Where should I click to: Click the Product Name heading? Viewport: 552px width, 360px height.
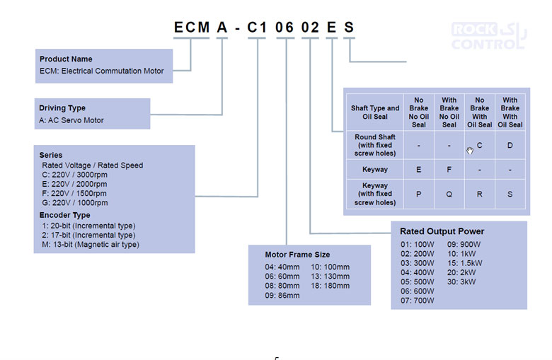(x=66, y=59)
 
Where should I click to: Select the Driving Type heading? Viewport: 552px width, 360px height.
(x=62, y=108)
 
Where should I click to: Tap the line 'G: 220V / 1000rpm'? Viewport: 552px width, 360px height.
(x=74, y=203)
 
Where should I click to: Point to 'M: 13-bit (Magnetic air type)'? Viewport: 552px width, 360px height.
(x=91, y=244)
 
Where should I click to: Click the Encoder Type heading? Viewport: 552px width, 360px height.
(x=65, y=215)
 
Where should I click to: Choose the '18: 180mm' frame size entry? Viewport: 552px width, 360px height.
(x=330, y=286)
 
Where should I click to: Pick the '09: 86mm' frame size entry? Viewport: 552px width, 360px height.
(x=282, y=296)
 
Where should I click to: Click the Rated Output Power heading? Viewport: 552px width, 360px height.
(x=442, y=231)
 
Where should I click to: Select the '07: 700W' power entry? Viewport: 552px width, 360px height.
(x=417, y=301)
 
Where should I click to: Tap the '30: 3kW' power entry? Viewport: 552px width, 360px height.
(x=461, y=282)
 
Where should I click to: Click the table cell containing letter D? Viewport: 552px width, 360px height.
(x=510, y=145)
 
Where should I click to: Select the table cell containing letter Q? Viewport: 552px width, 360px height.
(x=449, y=194)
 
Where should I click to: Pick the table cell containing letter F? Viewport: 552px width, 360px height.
(x=449, y=170)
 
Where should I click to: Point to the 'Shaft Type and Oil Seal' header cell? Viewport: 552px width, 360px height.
(x=375, y=112)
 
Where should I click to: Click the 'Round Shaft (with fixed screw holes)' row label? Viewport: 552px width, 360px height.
(x=375, y=145)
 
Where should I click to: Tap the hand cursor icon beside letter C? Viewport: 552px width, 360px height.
(x=470, y=151)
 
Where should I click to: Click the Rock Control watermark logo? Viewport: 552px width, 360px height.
(x=488, y=36)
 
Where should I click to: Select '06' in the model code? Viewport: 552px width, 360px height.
(x=284, y=28)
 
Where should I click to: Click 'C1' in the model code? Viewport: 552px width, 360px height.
(x=257, y=28)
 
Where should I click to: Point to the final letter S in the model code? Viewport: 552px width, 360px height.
(x=348, y=28)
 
